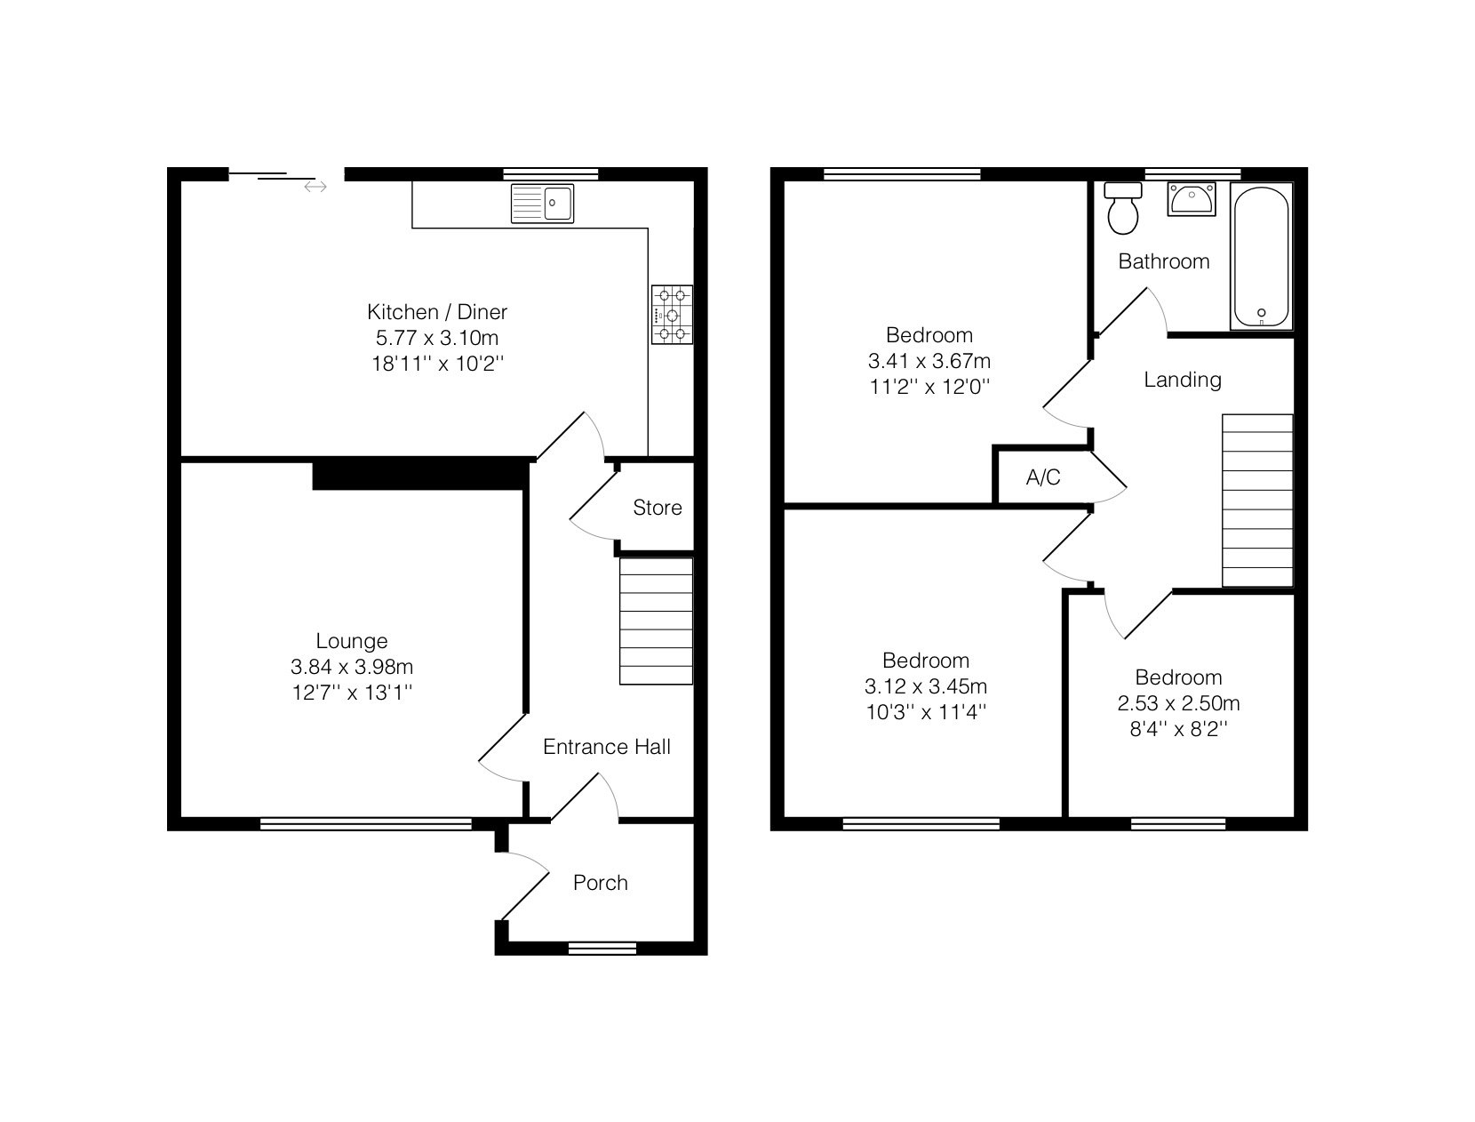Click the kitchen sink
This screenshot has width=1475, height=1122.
click(542, 203)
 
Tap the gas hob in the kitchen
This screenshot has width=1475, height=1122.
click(672, 315)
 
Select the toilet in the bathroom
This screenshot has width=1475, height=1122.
click(1122, 208)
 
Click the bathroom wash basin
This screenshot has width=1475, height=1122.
click(1192, 198)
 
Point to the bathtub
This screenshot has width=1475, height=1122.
click(1262, 256)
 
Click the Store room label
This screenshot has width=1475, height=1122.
click(658, 508)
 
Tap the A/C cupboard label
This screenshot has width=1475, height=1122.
click(1043, 477)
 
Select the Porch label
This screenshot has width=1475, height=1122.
click(600, 882)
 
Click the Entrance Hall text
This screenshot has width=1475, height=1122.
click(606, 746)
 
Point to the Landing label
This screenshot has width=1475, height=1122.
click(1183, 380)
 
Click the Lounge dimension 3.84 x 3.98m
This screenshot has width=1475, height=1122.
click(352, 667)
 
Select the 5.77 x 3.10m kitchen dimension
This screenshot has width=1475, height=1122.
click(437, 338)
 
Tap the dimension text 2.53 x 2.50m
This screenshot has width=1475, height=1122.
click(1178, 703)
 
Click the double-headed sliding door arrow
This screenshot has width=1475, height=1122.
click(315, 187)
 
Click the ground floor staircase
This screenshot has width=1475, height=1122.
click(656, 621)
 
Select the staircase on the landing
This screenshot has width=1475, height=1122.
click(1257, 501)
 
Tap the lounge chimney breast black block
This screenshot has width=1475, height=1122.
click(420, 473)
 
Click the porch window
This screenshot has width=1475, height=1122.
click(602, 948)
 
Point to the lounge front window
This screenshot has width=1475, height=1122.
click(365, 823)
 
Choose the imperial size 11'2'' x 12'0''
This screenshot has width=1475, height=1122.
click(929, 387)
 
